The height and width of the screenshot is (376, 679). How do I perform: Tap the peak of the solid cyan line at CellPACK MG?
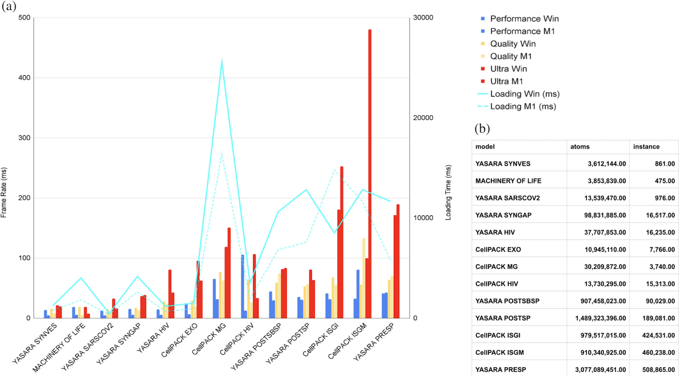[x=222, y=60]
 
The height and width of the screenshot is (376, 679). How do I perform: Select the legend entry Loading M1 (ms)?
[x=523, y=106]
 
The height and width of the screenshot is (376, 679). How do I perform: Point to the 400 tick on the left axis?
[x=24, y=78]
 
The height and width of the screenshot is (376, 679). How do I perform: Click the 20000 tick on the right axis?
[x=422, y=118]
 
